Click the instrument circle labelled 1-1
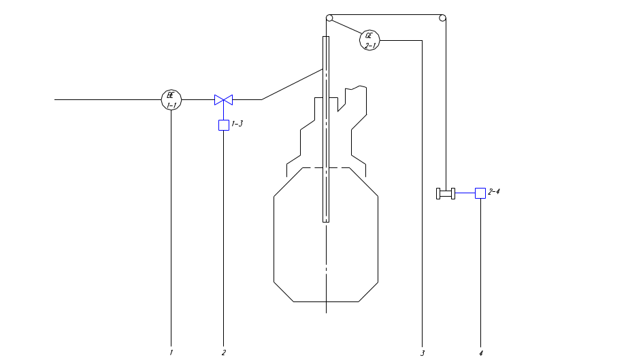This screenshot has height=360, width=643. [x=171, y=100]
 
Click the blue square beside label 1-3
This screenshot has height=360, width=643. [x=223, y=125]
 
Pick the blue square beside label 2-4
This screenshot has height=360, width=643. [x=480, y=193]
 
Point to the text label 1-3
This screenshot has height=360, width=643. [x=237, y=124]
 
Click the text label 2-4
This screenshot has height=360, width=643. [x=495, y=193]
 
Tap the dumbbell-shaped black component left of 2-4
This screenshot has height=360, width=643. [x=446, y=194]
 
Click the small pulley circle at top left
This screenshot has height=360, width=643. [x=329, y=18]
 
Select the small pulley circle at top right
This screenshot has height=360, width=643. [x=442, y=18]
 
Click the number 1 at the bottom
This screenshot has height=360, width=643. [x=171, y=353]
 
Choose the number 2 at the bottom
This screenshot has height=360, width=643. [x=223, y=353]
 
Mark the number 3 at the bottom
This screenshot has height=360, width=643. [x=423, y=353]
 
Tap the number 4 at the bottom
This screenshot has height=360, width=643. [x=480, y=353]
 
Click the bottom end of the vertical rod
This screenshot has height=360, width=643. [x=326, y=220]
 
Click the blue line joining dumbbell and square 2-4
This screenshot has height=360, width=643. [x=466, y=194]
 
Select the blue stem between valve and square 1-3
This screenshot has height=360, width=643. [x=223, y=113]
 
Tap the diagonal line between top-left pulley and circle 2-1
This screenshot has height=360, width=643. [x=345, y=29]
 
